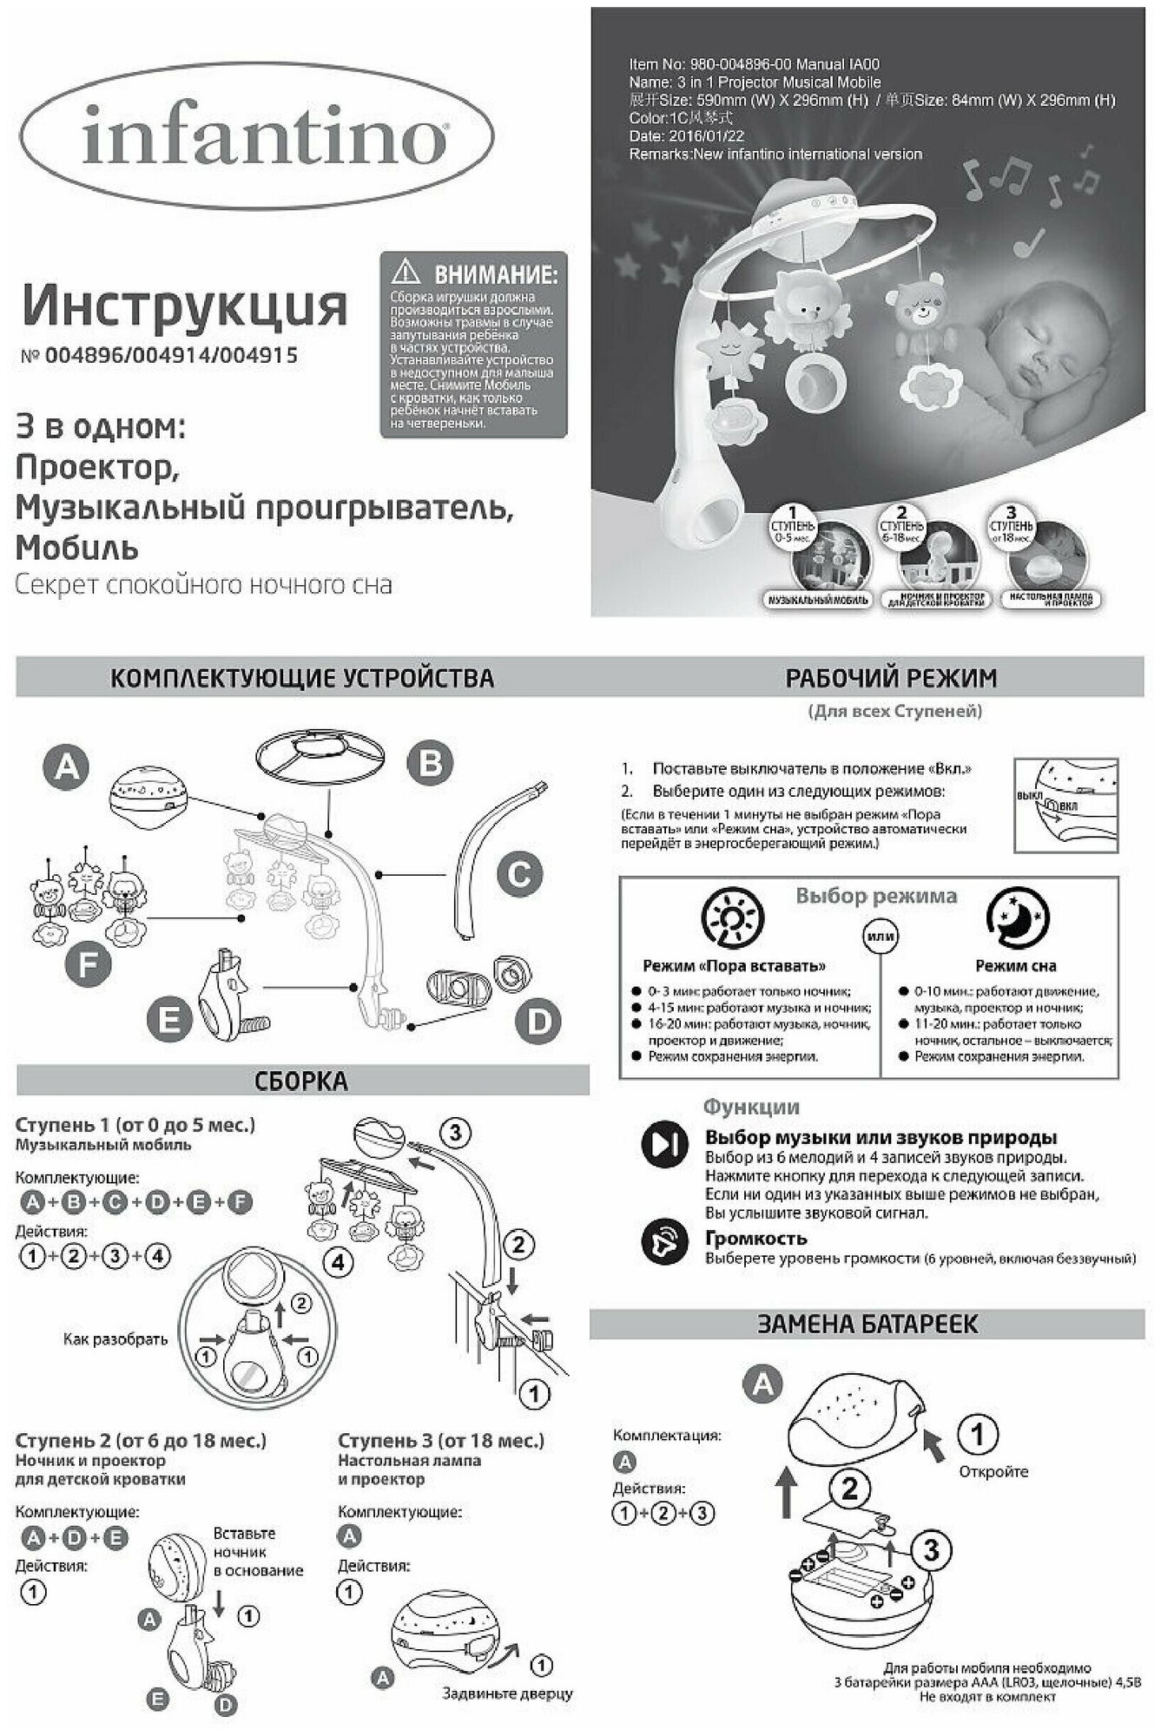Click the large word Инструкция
click(184, 306)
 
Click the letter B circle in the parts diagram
click(432, 764)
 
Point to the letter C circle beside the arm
click(519, 874)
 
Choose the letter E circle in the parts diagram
click(170, 1020)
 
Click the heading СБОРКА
click(301, 1082)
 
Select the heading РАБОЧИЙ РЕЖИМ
click(879, 678)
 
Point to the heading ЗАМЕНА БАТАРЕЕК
click(867, 1324)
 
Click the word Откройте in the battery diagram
click(993, 1471)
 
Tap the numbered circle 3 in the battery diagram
click(930, 1549)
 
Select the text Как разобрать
click(115, 1338)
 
